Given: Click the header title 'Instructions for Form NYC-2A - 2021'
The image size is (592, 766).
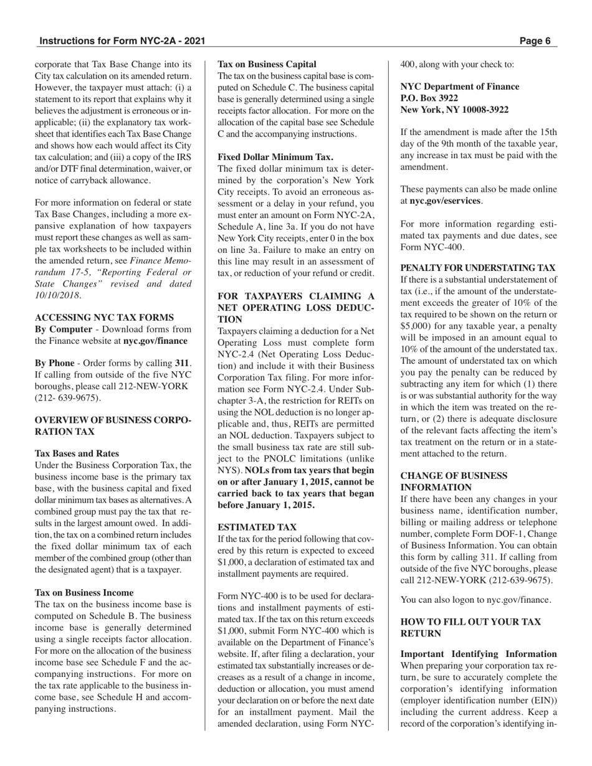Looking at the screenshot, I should pyautogui.click(x=122, y=41).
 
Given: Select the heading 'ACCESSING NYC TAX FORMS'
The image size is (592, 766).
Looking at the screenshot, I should pyautogui.click(x=104, y=318).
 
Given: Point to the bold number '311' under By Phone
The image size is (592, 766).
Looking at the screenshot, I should pyautogui.click(x=182, y=364).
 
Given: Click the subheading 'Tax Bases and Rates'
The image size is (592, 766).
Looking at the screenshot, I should pyautogui.click(x=77, y=453).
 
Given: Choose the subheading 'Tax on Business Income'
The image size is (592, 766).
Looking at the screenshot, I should pyautogui.click(x=84, y=592).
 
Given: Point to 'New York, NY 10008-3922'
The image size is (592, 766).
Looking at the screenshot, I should pyautogui.click(x=454, y=110).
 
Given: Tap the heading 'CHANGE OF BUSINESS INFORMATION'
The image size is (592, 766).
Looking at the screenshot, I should pyautogui.click(x=454, y=481).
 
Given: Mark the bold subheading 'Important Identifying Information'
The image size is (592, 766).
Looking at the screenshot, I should pyautogui.click(x=478, y=654).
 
